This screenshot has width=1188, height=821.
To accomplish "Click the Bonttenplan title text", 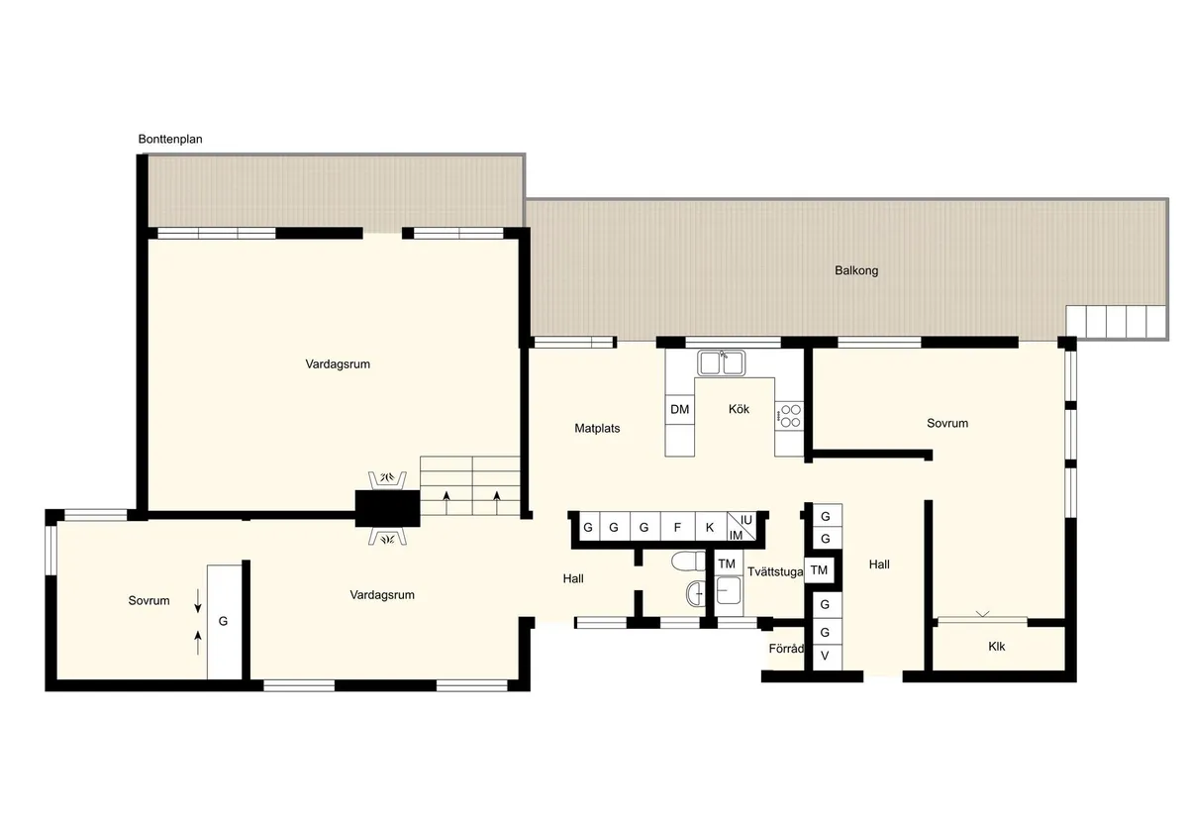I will click(170, 140).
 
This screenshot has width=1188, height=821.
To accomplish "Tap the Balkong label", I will click(856, 270).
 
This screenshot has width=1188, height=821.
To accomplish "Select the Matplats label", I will click(597, 429).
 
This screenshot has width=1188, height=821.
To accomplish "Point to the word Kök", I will click(740, 409).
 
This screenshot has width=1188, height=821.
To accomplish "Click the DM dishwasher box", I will click(679, 409).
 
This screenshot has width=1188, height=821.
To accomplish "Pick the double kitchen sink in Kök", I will click(722, 363).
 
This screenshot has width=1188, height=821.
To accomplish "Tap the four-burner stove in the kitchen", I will click(789, 415).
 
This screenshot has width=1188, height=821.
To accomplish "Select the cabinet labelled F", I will click(677, 527).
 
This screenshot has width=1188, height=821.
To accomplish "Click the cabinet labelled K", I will click(710, 527).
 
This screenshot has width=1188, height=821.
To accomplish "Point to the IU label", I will click(746, 519).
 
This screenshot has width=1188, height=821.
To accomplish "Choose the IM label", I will click(736, 535).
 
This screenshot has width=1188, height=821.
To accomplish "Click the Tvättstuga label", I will click(775, 571).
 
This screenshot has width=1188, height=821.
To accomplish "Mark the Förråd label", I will click(785, 650).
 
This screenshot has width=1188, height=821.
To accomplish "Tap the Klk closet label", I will click(996, 646).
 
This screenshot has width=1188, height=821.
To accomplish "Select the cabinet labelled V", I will click(825, 656).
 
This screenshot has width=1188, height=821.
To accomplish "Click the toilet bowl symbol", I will click(684, 563).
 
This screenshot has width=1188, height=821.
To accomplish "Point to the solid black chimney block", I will click(387, 507).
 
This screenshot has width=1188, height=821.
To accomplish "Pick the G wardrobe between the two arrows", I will click(224, 621).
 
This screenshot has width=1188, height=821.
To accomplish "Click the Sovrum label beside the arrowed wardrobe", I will click(148, 600).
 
